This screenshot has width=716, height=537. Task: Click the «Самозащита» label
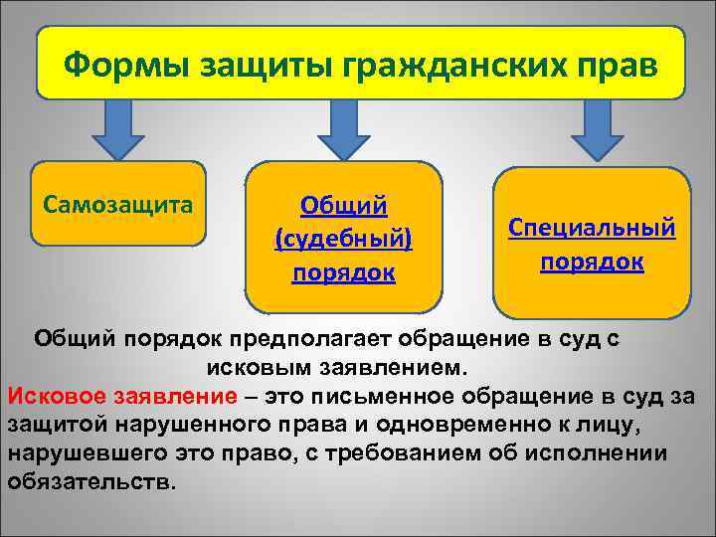pos(118,204)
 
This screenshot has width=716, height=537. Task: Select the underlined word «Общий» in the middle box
pos(344,206)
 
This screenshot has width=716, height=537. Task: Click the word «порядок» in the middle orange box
pos(343,272)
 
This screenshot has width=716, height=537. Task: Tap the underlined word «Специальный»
pos(592,228)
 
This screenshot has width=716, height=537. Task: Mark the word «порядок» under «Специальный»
pos(592,262)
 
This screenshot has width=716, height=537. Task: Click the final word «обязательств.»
pos(91,483)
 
